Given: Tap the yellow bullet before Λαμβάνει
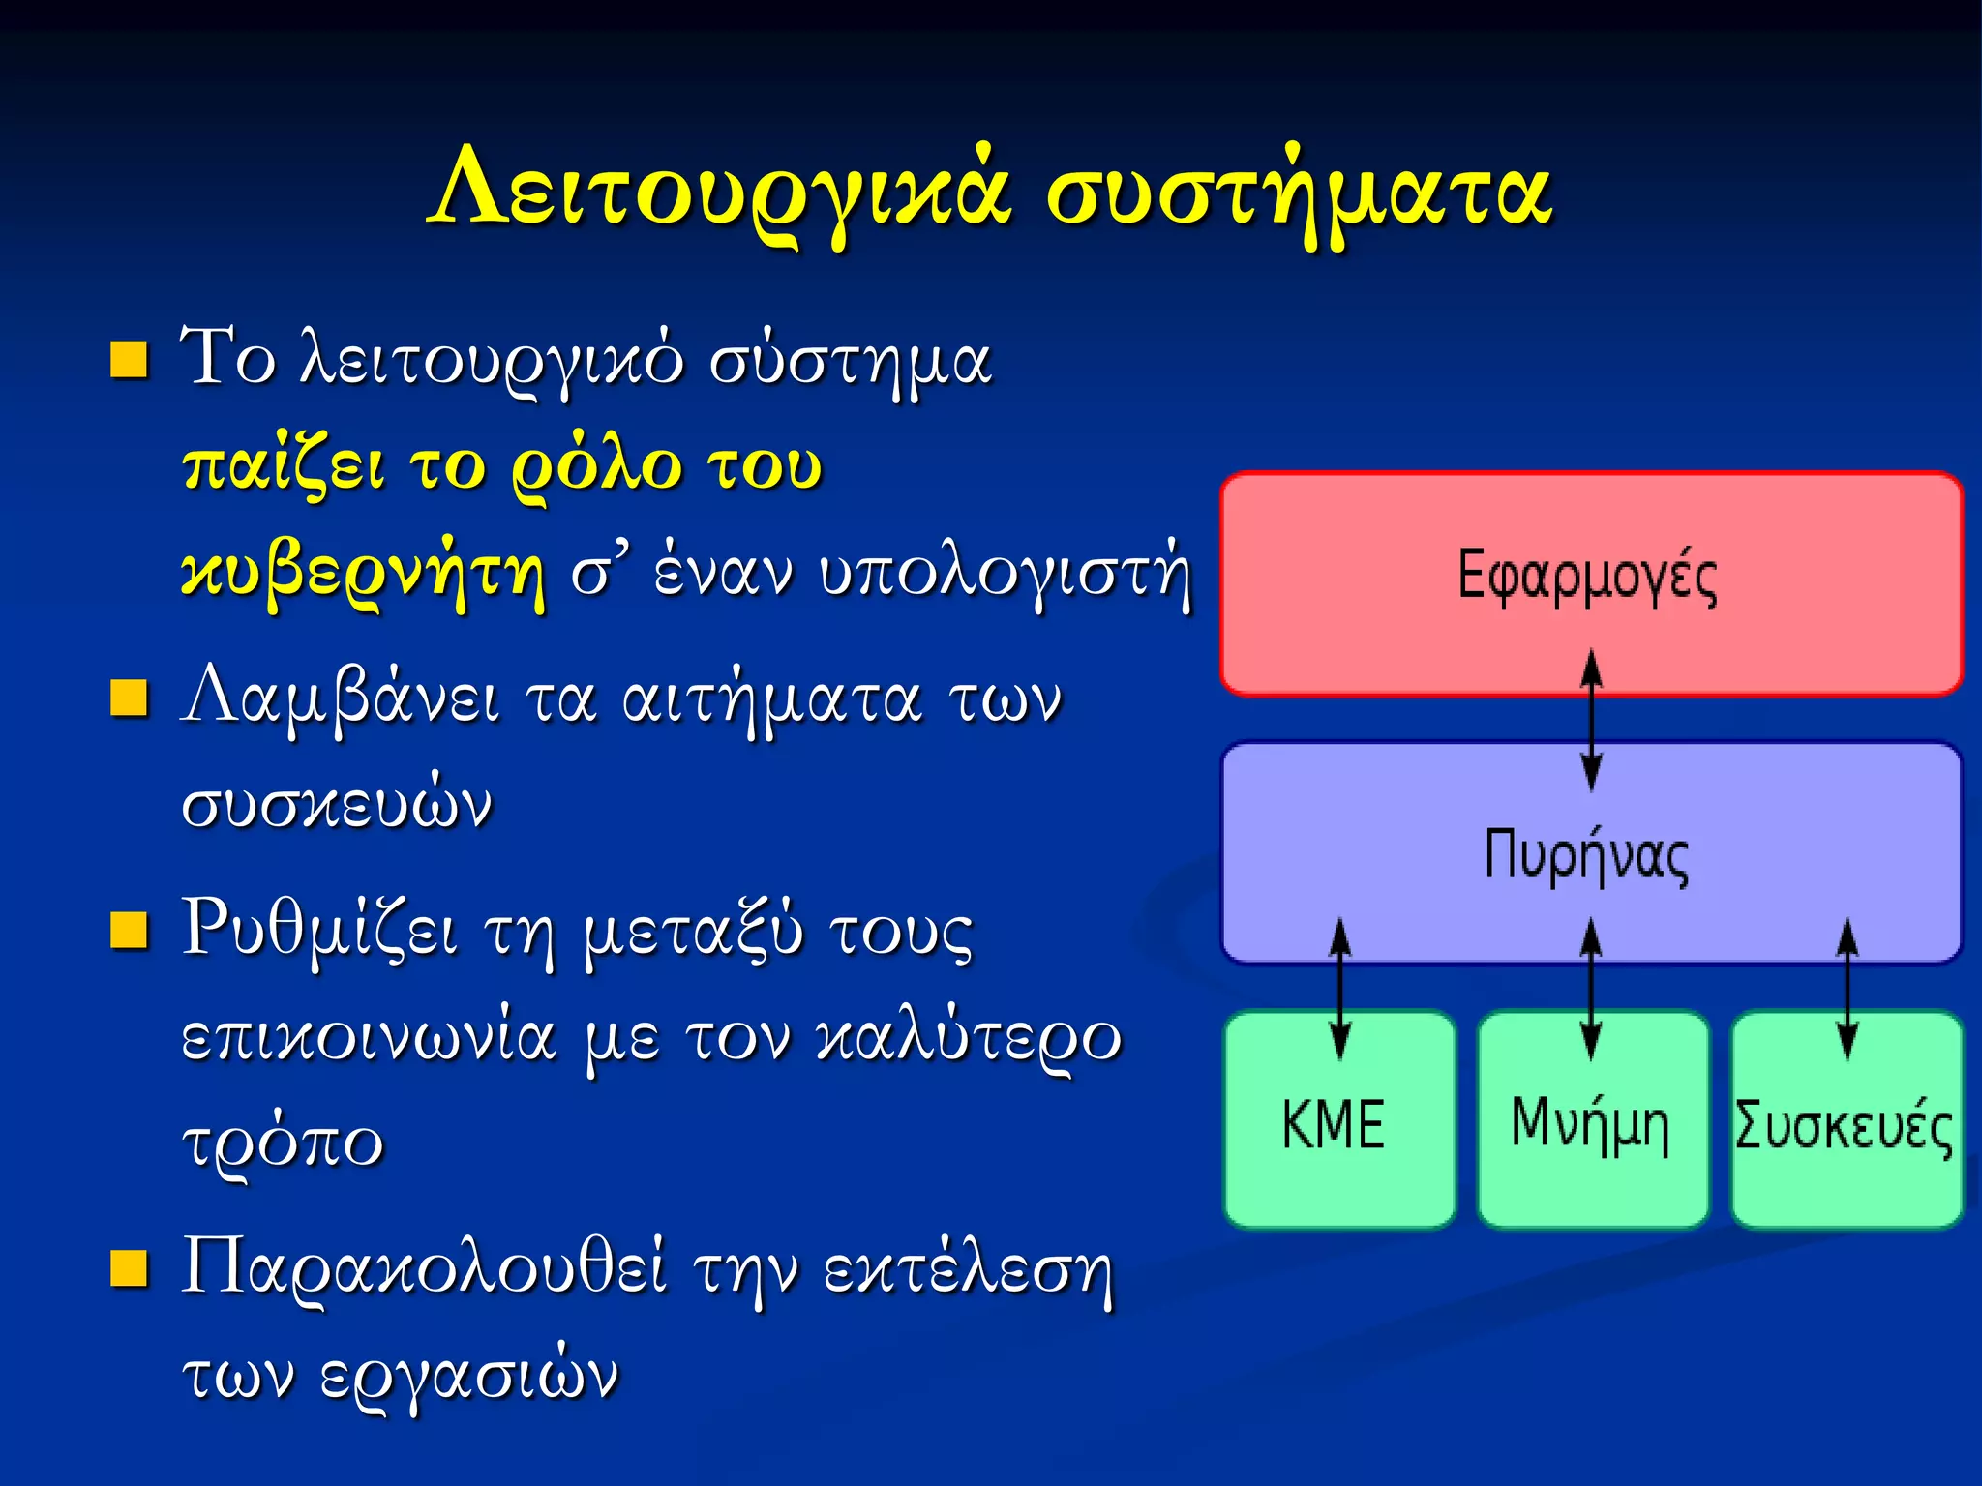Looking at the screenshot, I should pos(129,698).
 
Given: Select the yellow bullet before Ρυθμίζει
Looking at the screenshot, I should pos(129,930).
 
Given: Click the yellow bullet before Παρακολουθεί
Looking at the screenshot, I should pos(129,1268).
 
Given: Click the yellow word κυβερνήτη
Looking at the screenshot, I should pos(363,573).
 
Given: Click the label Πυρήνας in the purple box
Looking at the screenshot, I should pos(1587,855).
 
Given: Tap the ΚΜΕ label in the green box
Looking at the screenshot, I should pos(1334,1124).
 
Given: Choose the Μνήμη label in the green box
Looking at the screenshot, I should pos(1590,1124).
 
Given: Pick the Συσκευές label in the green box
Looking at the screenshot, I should pos(1844,1126).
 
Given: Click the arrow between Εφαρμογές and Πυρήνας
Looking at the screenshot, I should pos(1591,721).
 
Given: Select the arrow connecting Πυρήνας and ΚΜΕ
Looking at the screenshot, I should pos(1339,989).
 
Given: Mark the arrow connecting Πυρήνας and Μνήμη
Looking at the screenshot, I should pos(1591,989).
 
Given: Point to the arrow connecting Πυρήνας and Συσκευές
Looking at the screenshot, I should pos(1847,989).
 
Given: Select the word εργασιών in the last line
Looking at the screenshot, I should pos(469,1374).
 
